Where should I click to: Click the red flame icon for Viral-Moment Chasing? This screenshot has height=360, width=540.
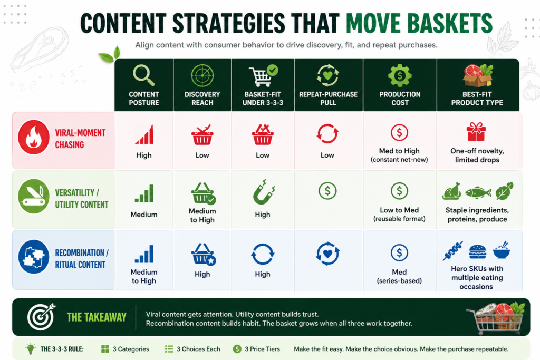pos(34,138)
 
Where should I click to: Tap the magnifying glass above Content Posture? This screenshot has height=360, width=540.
pos(143,76)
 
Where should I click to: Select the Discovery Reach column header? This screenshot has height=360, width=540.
pos(202,85)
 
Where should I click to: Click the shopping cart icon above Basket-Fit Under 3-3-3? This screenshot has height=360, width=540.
pos(263,76)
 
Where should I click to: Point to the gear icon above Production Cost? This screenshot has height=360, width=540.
pos(400,75)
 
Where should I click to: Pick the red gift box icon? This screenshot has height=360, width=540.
pos(476,132)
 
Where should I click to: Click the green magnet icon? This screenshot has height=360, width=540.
pos(264,192)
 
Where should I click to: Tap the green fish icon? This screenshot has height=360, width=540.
pos(478,193)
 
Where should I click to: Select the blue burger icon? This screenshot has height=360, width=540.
pos(478,251)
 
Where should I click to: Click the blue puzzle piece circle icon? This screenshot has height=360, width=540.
pos(34,257)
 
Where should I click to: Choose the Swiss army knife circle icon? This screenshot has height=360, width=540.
pos(34,196)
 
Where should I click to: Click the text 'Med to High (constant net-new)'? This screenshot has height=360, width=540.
pos(400,155)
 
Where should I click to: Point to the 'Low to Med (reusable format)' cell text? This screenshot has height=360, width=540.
pos(400,214)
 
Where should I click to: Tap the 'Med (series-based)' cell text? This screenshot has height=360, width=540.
pos(400,276)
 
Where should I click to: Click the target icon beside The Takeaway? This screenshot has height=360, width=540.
pos(41,317)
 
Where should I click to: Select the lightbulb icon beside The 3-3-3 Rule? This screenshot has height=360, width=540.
pos(31,348)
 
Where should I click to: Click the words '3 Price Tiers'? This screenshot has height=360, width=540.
pos(263,349)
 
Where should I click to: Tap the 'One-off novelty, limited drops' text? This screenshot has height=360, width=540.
pos(477,155)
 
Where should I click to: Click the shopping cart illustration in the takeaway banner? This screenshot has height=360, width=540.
pos(496,318)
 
